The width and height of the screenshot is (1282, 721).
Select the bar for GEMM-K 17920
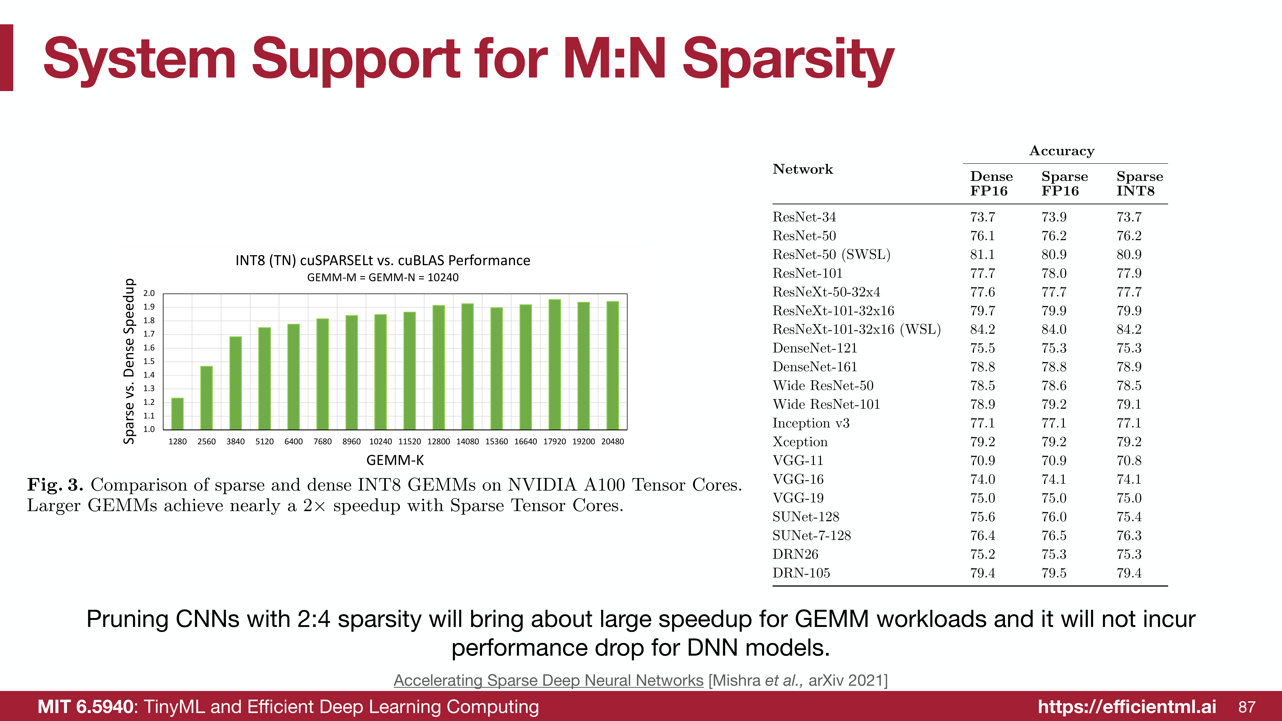554,364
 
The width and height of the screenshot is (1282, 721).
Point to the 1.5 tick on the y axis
149,361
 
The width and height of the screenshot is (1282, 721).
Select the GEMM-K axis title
395,460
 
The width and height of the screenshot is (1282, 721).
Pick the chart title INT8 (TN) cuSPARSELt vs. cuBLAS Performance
383,260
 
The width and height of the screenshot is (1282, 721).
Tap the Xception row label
800,442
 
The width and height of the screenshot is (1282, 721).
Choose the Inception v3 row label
811,423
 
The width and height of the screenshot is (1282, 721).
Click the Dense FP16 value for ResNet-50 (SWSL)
982,255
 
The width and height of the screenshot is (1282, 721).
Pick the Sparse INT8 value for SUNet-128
1129,517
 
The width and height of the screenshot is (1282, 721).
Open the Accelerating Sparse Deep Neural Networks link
548,680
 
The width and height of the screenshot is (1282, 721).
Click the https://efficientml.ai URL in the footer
1127,707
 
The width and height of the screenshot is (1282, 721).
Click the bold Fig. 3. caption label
55,485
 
